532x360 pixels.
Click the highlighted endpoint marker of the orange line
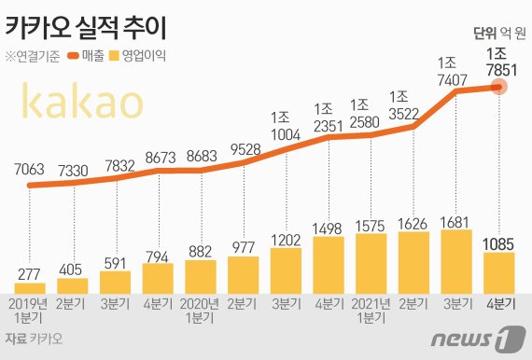click(499, 87)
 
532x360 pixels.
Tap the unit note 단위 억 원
click(497, 33)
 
